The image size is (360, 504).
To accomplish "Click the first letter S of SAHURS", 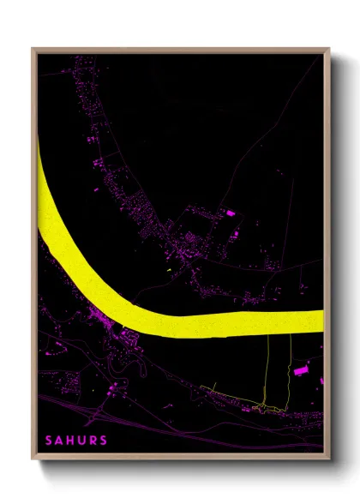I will (48, 441).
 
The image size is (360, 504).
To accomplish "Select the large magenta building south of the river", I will (300, 371).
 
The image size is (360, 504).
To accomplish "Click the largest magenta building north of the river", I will (229, 212).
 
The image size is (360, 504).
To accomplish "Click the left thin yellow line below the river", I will (267, 369).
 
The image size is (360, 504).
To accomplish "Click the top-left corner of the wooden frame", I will (33, 49).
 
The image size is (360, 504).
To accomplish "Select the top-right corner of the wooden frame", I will (329, 49).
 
